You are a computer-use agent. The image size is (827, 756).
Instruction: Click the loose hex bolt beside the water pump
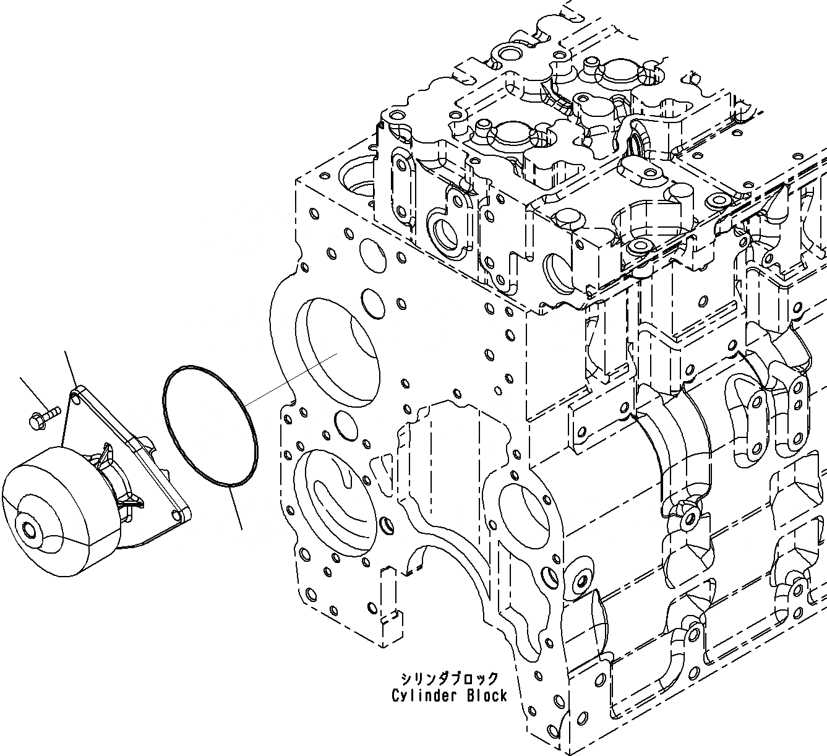[x=43, y=416]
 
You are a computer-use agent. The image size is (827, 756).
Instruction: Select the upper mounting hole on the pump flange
[x=77, y=393]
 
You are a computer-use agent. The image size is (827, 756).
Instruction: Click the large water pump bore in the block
[x=337, y=353]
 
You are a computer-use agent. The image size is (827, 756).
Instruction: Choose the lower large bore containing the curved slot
[x=334, y=501]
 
